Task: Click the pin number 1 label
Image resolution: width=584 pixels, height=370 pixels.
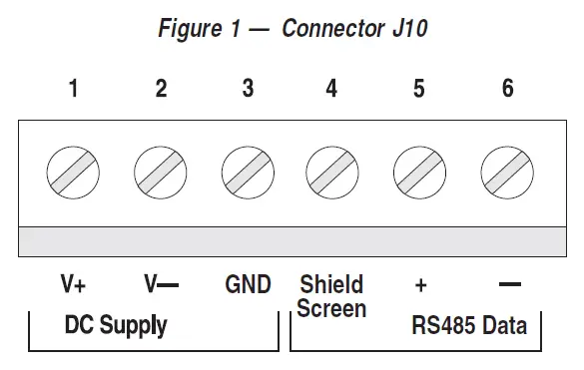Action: coord(73,89)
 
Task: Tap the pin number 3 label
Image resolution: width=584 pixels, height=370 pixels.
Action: coord(248,89)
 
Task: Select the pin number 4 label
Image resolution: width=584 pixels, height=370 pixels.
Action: coord(331,89)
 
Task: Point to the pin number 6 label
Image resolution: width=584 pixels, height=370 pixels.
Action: coord(507,89)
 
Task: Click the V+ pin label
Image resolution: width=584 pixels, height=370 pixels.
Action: coord(73,285)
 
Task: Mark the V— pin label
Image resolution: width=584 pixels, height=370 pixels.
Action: coord(161,285)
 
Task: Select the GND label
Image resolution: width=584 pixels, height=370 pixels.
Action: coord(248,285)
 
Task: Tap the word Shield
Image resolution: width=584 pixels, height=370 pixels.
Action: coord(331,285)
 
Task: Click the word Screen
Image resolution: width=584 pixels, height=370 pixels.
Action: coord(331,309)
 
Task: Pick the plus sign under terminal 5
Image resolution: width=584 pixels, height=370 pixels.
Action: coord(420,286)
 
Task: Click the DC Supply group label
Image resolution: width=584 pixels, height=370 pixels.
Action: coord(116,325)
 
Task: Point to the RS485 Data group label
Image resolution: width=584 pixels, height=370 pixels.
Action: coord(469,325)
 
